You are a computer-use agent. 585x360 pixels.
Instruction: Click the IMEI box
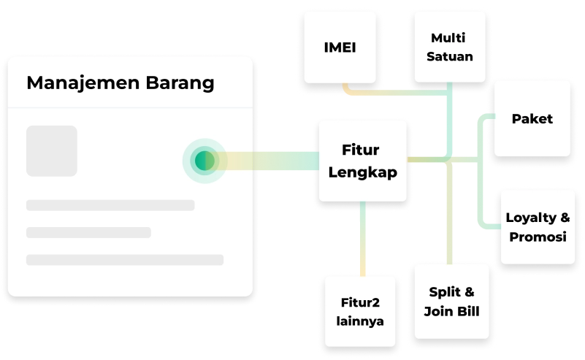340,47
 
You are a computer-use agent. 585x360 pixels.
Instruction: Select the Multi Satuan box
449,47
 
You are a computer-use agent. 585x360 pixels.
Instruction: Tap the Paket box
532,118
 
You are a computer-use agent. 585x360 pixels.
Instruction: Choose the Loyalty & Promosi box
538,226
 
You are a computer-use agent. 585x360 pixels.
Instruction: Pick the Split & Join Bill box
452,302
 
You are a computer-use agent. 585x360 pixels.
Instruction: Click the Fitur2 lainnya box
360,310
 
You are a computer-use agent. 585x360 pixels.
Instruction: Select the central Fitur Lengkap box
362,161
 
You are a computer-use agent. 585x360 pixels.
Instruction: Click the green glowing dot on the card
204,161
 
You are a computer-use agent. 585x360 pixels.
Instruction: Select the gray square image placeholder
52,151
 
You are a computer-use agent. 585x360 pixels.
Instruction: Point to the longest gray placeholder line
125,260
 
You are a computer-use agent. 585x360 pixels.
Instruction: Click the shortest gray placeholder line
88,232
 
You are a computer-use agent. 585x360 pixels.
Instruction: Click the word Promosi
538,237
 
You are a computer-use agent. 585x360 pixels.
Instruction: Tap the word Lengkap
362,173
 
